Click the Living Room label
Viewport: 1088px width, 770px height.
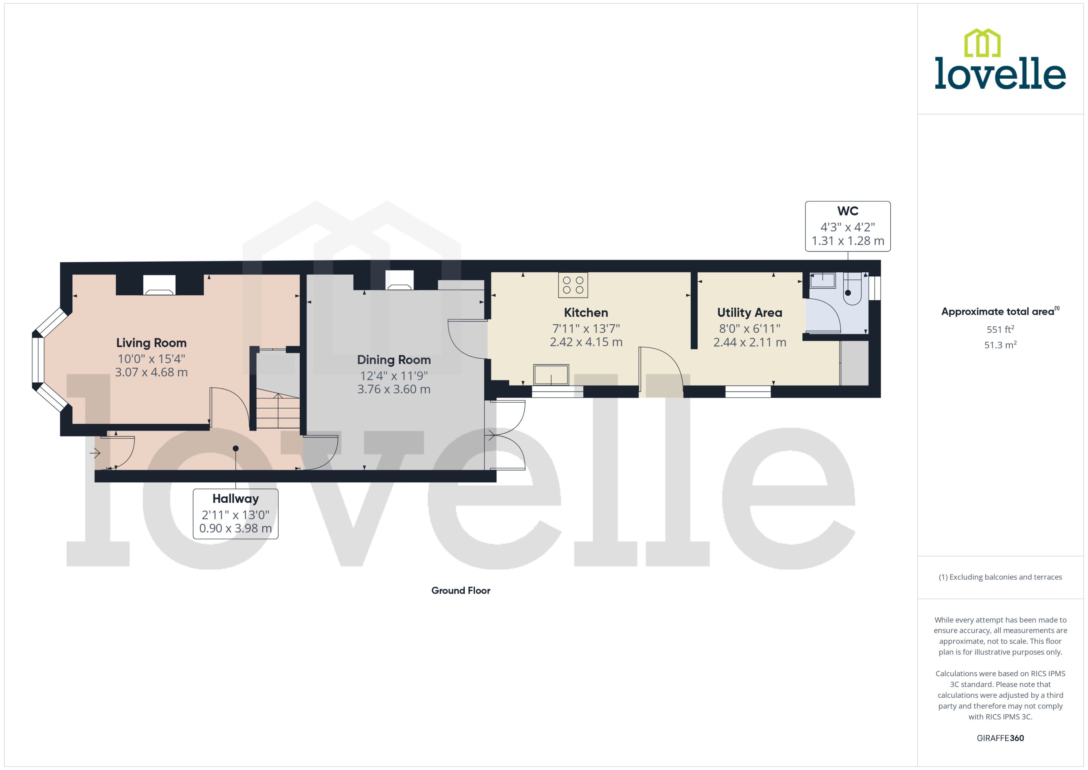[x=151, y=343]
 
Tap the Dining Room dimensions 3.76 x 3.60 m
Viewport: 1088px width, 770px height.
[x=394, y=389]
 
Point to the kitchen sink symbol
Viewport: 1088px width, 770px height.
[x=551, y=375]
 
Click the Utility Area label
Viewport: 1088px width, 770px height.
[x=749, y=312]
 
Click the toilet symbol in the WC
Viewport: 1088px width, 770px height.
[x=852, y=290]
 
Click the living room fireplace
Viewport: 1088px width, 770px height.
[x=159, y=286]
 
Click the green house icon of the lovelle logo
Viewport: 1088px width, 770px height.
[x=982, y=43]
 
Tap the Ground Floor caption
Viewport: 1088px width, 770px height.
[x=460, y=591]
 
